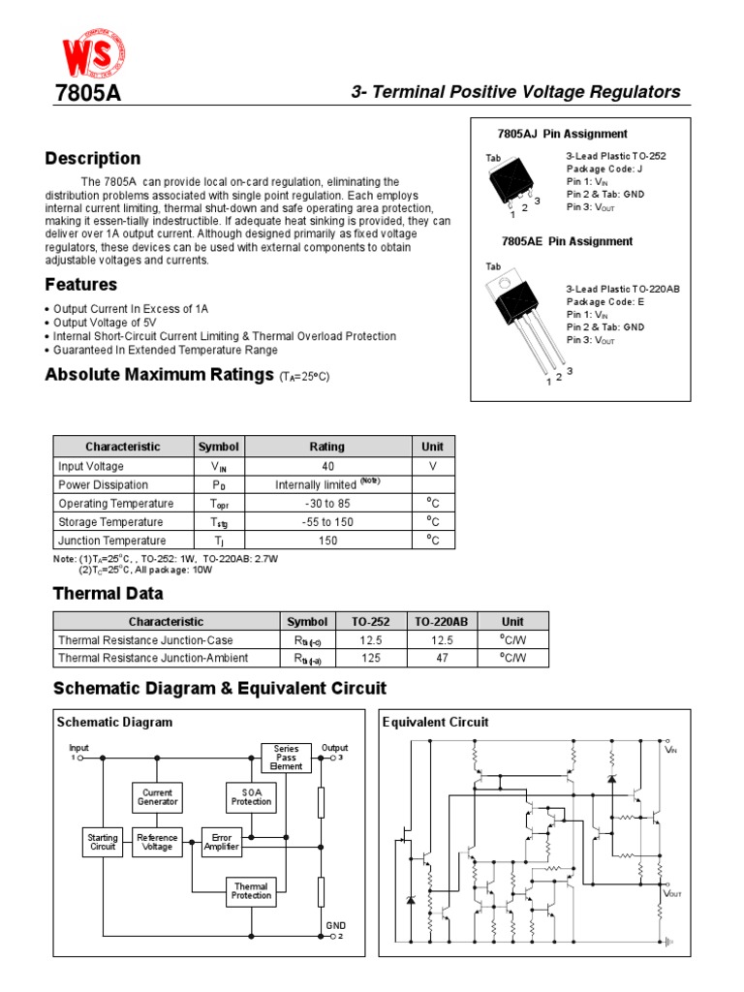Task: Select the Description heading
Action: [x=93, y=158]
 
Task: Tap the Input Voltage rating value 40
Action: [x=326, y=466]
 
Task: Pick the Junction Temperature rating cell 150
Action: [x=326, y=541]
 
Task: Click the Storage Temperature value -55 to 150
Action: [x=326, y=522]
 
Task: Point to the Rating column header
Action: [x=326, y=447]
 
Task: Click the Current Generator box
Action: [x=157, y=797]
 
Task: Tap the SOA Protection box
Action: [x=251, y=797]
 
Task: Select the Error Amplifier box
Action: [x=220, y=841]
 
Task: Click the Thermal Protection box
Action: [x=251, y=890]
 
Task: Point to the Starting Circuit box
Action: [x=103, y=841]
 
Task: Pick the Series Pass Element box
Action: [x=286, y=757]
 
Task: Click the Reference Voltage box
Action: [x=157, y=841]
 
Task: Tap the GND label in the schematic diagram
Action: [x=335, y=926]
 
